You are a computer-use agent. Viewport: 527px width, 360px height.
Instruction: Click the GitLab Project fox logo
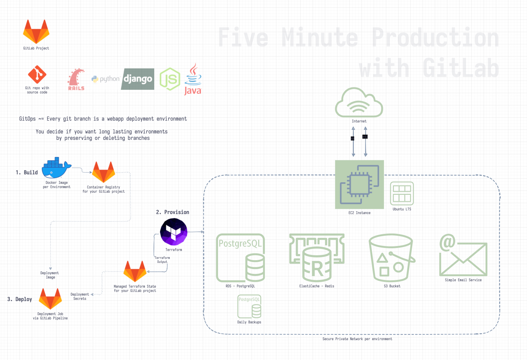pos(36,32)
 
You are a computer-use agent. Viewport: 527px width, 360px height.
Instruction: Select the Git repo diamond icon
pos(37,75)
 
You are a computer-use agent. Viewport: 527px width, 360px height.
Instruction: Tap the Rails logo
pos(76,79)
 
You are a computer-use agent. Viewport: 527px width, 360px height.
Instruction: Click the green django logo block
pos(138,79)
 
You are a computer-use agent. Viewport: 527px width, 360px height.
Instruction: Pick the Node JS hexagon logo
pos(170,79)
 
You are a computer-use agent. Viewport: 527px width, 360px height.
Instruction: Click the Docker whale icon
pos(56,168)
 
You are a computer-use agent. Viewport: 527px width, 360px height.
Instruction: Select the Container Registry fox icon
pos(104,172)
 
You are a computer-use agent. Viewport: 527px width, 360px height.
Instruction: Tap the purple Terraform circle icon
pos(174,232)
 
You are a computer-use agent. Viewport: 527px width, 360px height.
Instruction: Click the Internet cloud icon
pos(359,103)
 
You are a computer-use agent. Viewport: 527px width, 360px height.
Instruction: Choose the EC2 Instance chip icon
pos(359,184)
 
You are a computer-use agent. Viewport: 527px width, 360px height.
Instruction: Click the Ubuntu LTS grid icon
pos(402,194)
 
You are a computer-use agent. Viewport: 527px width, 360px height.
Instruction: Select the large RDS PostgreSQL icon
pos(240,258)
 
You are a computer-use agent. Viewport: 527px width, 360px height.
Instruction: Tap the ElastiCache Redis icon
pos(317,258)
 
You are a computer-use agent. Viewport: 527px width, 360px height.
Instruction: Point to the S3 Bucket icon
pos(392,258)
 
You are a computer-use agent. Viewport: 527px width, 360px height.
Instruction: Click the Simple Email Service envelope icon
pos(463,255)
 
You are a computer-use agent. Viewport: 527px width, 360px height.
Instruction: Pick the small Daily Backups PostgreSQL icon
pos(249,307)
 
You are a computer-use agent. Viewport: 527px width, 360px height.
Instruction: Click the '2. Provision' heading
pos(173,212)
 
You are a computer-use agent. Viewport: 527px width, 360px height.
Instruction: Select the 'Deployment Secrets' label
pos(80,296)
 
